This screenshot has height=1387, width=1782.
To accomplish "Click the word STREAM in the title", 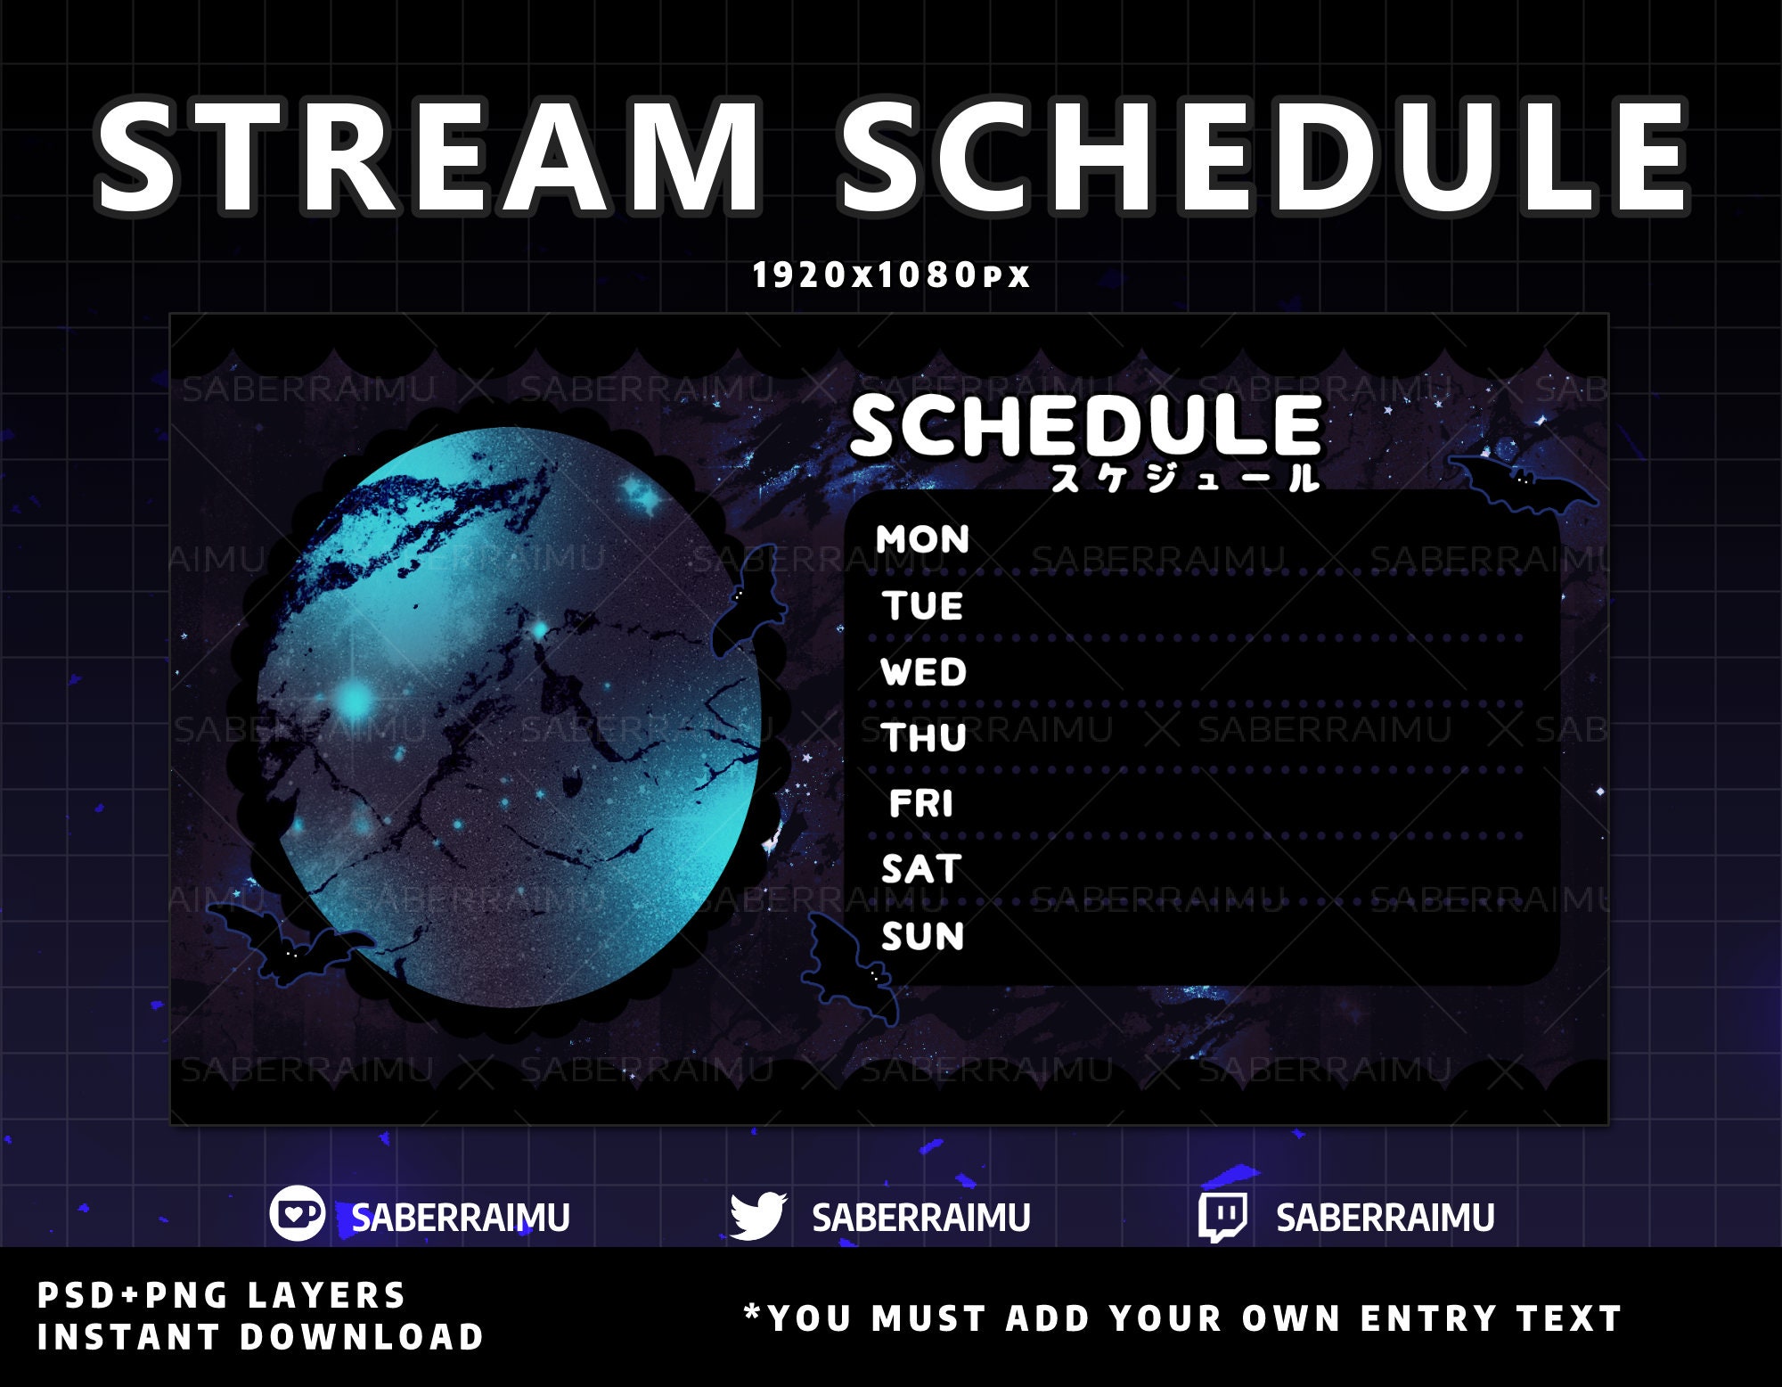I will click(428, 158).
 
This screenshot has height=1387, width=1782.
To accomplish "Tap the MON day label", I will click(922, 539).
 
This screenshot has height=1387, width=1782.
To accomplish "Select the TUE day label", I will click(923, 606).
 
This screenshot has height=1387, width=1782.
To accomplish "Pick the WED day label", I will click(923, 672).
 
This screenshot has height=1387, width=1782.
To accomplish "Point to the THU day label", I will click(924, 738).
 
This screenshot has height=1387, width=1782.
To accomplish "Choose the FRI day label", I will click(921, 804).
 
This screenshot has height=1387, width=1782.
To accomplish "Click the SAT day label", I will click(921, 869).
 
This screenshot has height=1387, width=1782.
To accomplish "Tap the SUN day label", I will click(922, 936).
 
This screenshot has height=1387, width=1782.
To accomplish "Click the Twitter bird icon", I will click(757, 1216).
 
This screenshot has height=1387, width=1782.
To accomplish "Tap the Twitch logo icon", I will click(1222, 1216).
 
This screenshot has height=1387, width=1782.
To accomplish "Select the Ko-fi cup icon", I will click(297, 1214).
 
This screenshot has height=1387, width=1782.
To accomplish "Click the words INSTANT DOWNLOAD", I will click(260, 1337).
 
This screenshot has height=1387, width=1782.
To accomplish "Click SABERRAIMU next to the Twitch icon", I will click(1385, 1218).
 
